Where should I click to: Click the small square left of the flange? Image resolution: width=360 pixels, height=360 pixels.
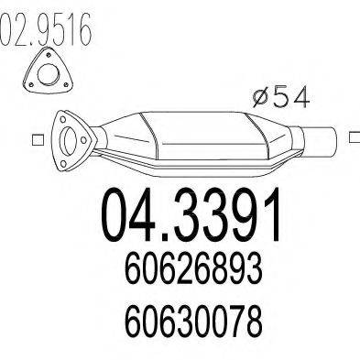coord(37,139)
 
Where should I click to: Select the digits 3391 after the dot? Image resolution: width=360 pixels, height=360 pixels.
coord(229,213)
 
